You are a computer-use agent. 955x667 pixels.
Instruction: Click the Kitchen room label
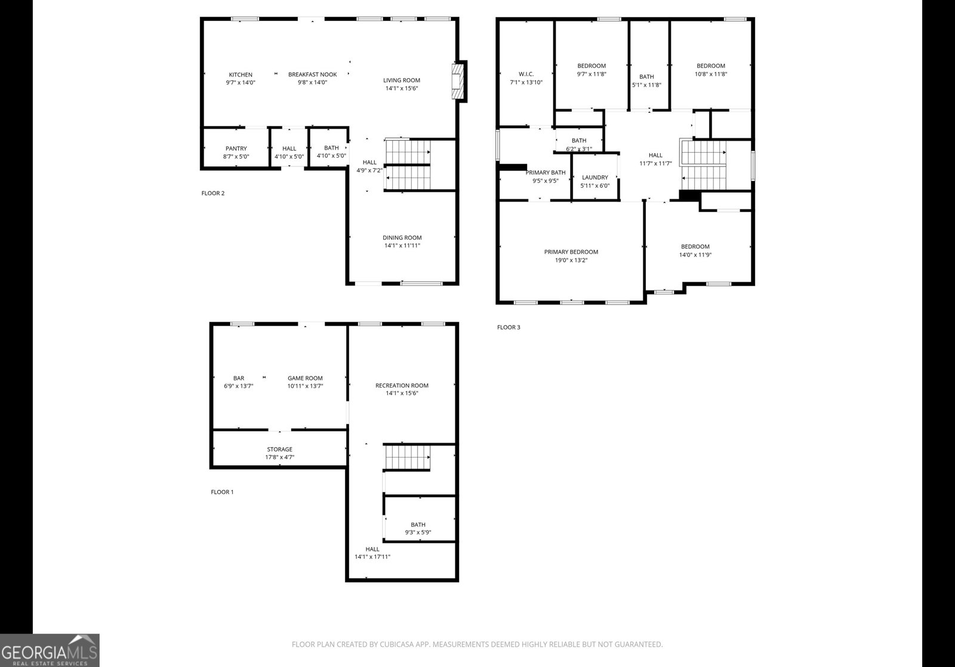tap(241, 75)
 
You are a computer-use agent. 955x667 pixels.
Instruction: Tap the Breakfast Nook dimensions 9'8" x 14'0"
tap(312, 82)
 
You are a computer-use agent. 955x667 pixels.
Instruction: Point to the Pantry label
tap(236, 149)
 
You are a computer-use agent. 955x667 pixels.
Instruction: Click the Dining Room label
tap(402, 237)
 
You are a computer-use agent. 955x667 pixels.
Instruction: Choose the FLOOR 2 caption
tap(212, 193)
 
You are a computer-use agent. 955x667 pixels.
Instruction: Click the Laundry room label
tap(594, 177)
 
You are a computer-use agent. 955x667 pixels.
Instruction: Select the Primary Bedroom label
tap(571, 252)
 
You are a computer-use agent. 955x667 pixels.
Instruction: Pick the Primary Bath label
tap(545, 172)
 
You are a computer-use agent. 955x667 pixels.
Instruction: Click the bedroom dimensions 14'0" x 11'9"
tap(695, 255)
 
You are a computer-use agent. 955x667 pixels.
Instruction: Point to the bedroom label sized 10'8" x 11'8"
tap(710, 66)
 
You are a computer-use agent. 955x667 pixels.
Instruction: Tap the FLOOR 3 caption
tap(509, 328)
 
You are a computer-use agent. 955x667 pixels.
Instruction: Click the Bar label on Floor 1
tap(238, 378)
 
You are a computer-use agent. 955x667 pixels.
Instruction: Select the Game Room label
tap(305, 378)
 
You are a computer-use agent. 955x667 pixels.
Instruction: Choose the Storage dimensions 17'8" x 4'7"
tap(279, 458)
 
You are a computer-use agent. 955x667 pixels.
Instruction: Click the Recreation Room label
tap(402, 385)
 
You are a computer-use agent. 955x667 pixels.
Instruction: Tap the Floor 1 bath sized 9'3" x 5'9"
tap(418, 525)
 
